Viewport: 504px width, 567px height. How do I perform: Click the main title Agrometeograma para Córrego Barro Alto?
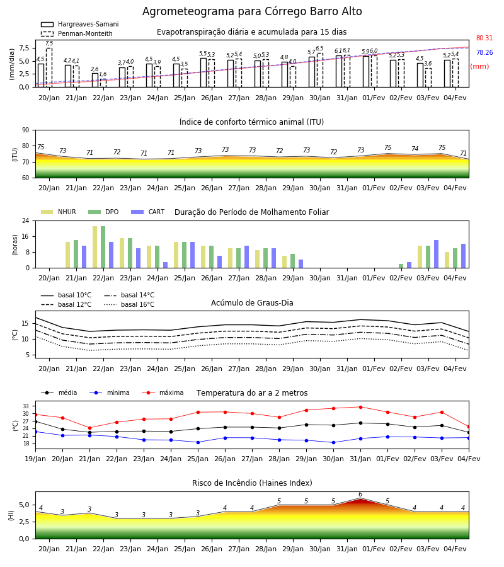click(x=252, y=11)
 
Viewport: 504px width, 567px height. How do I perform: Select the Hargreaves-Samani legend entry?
click(x=79, y=24)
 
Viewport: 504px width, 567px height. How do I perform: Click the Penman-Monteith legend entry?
click(x=77, y=33)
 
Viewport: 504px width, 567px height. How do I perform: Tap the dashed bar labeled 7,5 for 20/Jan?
click(x=49, y=67)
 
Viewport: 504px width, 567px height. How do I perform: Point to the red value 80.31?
click(x=484, y=38)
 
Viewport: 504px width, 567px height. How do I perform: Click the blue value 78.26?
click(x=484, y=52)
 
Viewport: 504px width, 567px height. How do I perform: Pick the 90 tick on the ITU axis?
click(x=26, y=130)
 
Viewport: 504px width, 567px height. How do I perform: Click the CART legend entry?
click(x=147, y=212)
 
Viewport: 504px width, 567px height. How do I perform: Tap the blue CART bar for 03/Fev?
click(x=437, y=254)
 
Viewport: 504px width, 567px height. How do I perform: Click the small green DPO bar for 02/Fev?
click(x=401, y=266)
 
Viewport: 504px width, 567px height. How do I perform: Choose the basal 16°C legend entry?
click(x=129, y=304)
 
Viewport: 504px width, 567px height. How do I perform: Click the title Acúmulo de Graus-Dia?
click(x=252, y=303)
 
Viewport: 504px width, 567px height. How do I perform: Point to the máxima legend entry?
click(x=163, y=392)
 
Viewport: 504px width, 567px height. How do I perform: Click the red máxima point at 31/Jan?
click(x=360, y=407)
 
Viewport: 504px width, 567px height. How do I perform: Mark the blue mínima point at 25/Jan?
click(x=198, y=442)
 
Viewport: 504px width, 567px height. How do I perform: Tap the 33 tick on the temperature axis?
click(x=26, y=406)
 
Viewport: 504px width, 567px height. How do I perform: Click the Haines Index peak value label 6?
click(x=360, y=495)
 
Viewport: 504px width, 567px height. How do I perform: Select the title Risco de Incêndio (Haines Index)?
click(x=252, y=483)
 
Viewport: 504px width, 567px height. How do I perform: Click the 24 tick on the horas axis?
click(x=26, y=220)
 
